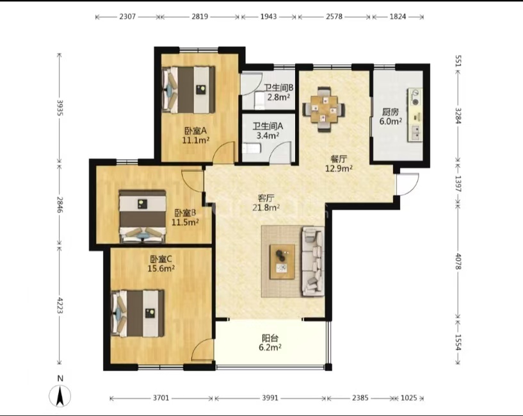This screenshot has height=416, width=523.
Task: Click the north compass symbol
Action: [60, 396]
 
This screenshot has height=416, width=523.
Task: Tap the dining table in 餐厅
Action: [324, 109]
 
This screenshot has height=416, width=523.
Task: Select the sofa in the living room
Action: [313, 262]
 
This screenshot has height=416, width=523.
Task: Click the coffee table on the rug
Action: [282, 262]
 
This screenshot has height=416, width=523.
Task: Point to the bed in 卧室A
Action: [188, 90]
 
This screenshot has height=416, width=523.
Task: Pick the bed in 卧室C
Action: [138, 313]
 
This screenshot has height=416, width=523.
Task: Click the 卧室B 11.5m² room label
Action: [185, 217]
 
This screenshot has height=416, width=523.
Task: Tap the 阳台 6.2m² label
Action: [270, 342]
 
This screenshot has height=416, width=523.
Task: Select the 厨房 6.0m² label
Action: [390, 116]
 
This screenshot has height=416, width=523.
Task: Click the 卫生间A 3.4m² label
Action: [268, 131]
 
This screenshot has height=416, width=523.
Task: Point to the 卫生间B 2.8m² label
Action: [278, 92]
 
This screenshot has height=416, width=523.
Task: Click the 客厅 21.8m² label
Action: [266, 203]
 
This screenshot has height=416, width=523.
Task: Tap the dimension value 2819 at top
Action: [200, 17]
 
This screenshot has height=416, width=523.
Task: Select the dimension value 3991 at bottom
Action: [270, 398]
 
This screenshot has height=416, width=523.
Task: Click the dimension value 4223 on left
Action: [60, 306]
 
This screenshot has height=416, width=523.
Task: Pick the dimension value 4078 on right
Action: [458, 262]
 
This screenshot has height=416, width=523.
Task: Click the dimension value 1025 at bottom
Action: [409, 398]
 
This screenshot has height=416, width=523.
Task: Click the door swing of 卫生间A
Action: [280, 153]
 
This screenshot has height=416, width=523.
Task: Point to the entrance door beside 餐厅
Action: [408, 185]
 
